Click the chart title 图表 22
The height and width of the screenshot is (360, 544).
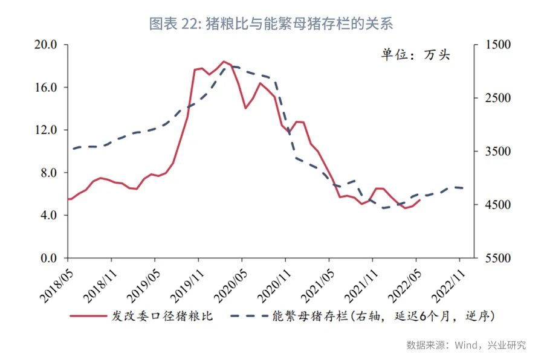coord(271,24)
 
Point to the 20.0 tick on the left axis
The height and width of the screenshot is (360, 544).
coord(46,45)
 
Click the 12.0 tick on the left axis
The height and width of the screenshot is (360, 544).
coord(46,130)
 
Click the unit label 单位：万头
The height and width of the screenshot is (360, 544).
coord(415,55)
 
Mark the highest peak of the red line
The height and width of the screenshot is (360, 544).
coord(224,61)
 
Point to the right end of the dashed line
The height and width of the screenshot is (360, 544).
coord(464,188)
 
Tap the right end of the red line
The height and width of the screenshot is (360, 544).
coord(420,199)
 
